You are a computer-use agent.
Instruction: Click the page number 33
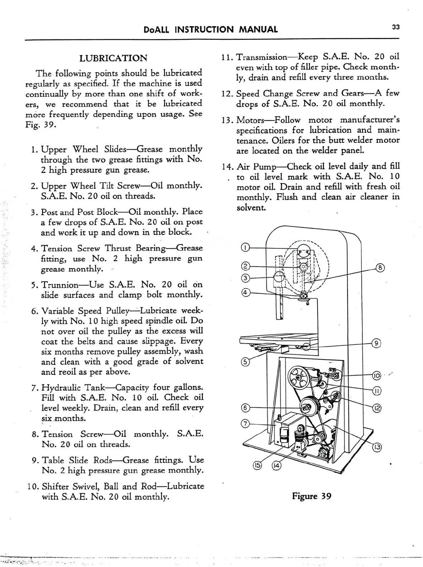click(x=396, y=27)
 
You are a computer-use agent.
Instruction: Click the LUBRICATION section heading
click(x=113, y=58)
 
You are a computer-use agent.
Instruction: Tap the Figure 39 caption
click(x=312, y=496)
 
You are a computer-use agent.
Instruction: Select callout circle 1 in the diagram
click(x=245, y=247)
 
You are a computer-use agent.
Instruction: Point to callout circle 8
click(x=380, y=268)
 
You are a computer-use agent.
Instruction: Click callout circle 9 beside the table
click(x=376, y=343)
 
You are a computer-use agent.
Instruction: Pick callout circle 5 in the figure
click(x=245, y=362)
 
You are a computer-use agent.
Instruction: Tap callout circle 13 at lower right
click(x=377, y=447)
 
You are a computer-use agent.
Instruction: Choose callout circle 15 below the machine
click(x=258, y=466)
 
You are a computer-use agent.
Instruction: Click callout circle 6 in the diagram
click(x=245, y=408)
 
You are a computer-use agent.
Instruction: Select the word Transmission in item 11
click(x=262, y=57)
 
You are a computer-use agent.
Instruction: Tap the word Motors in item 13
click(x=250, y=120)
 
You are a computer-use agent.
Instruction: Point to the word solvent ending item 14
click(x=251, y=208)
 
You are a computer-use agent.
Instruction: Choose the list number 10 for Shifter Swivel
click(x=32, y=486)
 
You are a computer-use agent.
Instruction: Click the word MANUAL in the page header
click(x=258, y=29)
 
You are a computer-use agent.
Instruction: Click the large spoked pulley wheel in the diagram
click(x=300, y=377)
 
